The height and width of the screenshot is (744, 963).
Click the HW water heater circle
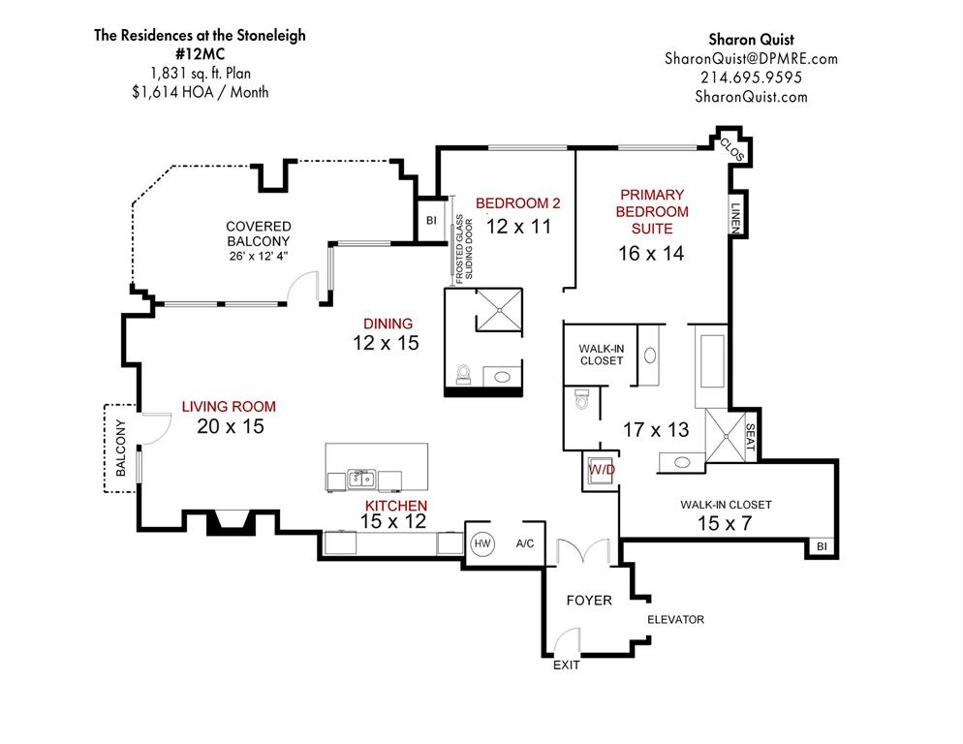pos(481,544)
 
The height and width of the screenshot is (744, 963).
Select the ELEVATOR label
pos(675,619)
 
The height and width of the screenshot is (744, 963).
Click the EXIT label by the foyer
pos(567,666)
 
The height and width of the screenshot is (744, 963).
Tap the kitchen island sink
pos(361,478)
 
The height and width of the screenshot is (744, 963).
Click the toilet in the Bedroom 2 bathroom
pos(463,373)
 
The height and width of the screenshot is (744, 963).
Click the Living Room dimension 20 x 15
pos(231,426)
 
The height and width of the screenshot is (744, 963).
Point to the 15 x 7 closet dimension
pos(726,524)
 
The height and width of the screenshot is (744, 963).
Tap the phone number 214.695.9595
pos(751,77)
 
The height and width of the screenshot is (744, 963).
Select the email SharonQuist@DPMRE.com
pos(751,58)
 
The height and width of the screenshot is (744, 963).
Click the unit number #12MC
pos(199,54)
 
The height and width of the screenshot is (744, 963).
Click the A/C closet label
pos(526,544)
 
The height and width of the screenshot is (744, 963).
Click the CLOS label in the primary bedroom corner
pos(731,148)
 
